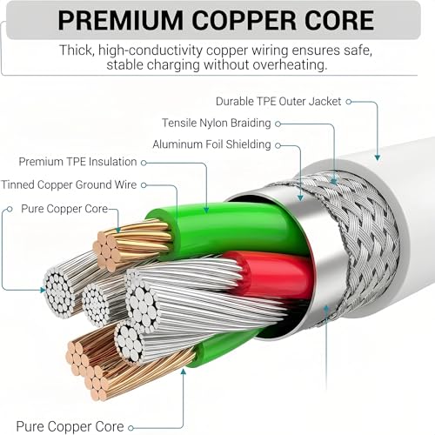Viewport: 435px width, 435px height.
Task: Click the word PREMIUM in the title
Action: coord(120,20)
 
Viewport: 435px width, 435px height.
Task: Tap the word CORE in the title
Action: coord(339,20)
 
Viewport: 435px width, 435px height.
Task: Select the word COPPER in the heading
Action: coord(244,20)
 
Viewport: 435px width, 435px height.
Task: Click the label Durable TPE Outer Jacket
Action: coord(278,102)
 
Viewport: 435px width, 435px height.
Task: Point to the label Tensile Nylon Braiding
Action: coord(217,123)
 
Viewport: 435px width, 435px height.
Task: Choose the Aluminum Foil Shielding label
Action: coord(211,144)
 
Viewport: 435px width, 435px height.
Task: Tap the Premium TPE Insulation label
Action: coord(77,162)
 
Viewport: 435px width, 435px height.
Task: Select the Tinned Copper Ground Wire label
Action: coord(69,184)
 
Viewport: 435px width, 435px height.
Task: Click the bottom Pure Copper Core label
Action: coord(70,426)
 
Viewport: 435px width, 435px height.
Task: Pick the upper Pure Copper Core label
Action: coord(64,209)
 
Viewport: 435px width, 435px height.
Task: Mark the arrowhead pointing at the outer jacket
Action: coord(378,157)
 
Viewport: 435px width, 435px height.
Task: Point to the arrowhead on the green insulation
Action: coord(206,210)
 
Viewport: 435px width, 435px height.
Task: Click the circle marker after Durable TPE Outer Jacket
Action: coord(349,102)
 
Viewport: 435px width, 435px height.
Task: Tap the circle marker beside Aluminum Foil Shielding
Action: coord(278,145)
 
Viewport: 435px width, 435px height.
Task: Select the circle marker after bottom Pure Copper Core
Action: coord(130,428)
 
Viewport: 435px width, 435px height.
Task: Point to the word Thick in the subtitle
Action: coord(77,50)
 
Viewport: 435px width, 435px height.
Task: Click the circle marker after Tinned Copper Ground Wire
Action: coord(144,185)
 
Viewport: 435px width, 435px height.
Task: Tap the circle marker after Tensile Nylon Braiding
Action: coord(278,124)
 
